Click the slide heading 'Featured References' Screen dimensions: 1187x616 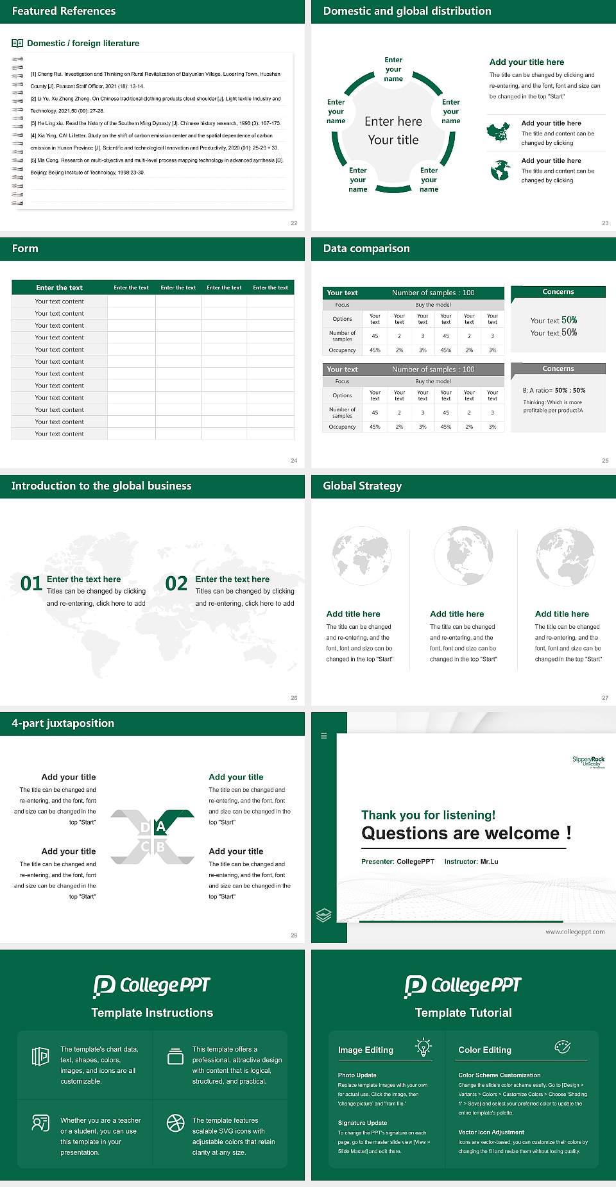pos(64,11)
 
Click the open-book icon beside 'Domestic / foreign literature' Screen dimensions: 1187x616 pos(17,43)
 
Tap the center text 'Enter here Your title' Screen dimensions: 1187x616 pos(393,130)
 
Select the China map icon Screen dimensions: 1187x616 pos(499,132)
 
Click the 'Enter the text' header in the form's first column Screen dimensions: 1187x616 pos(59,287)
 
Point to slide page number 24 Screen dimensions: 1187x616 pos(294,460)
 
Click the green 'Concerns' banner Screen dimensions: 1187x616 pos(558,292)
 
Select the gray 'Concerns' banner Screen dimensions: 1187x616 pos(558,369)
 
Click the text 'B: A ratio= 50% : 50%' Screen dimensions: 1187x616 pos(554,390)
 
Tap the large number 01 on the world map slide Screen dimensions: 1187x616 pos(31,583)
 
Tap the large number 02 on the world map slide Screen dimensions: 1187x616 pos(176,583)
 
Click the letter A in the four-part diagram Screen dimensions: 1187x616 pos(160,826)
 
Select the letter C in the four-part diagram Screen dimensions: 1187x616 pos(145,847)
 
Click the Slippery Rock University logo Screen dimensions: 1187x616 pos(588,761)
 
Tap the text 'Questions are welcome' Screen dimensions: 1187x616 pos(460,833)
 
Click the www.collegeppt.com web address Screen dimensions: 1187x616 pos(575,932)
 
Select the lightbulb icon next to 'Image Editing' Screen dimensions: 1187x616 pos(423,1047)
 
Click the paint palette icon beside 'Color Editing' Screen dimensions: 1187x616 pos(562,1047)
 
